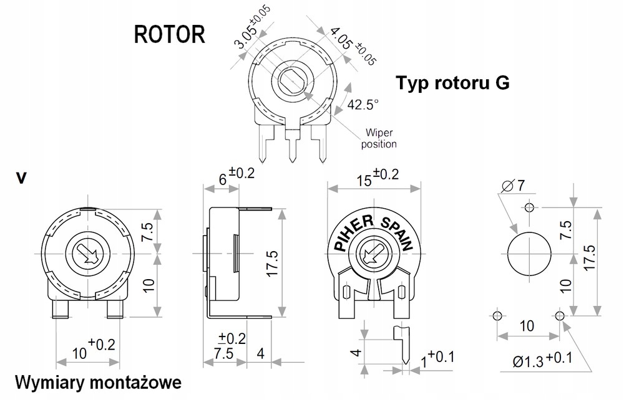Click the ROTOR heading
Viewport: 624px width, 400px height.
click(x=169, y=34)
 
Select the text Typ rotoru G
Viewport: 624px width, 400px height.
click(x=452, y=83)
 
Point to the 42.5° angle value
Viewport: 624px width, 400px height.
click(x=363, y=105)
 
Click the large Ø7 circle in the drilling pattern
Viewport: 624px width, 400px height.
click(x=530, y=254)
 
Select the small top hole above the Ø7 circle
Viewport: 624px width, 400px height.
click(x=530, y=207)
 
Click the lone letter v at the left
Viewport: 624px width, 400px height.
click(x=22, y=178)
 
